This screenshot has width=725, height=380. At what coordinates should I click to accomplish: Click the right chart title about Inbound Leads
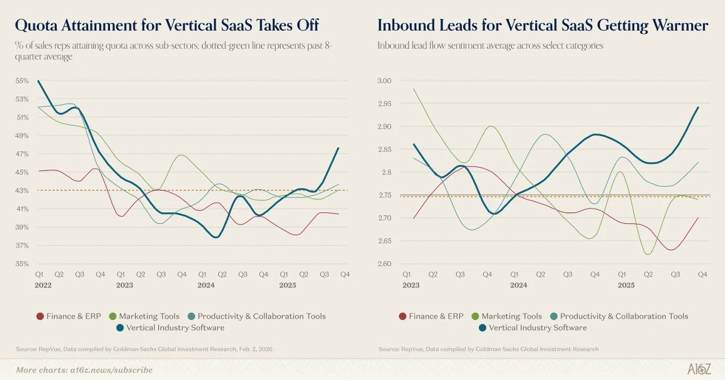tap(543, 25)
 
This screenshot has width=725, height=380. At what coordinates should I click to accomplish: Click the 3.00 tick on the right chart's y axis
tap(385, 80)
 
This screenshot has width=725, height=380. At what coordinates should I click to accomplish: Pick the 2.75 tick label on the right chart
tap(385, 195)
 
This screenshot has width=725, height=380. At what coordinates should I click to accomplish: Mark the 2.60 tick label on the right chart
tap(385, 264)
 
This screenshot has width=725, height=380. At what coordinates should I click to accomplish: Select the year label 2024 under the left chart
tap(205, 284)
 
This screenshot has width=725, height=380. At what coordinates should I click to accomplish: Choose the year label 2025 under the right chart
tap(626, 284)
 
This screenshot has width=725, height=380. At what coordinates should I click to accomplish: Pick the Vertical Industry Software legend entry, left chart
tap(169, 327)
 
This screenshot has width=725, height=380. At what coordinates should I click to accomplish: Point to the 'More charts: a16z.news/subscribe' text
tap(84, 370)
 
